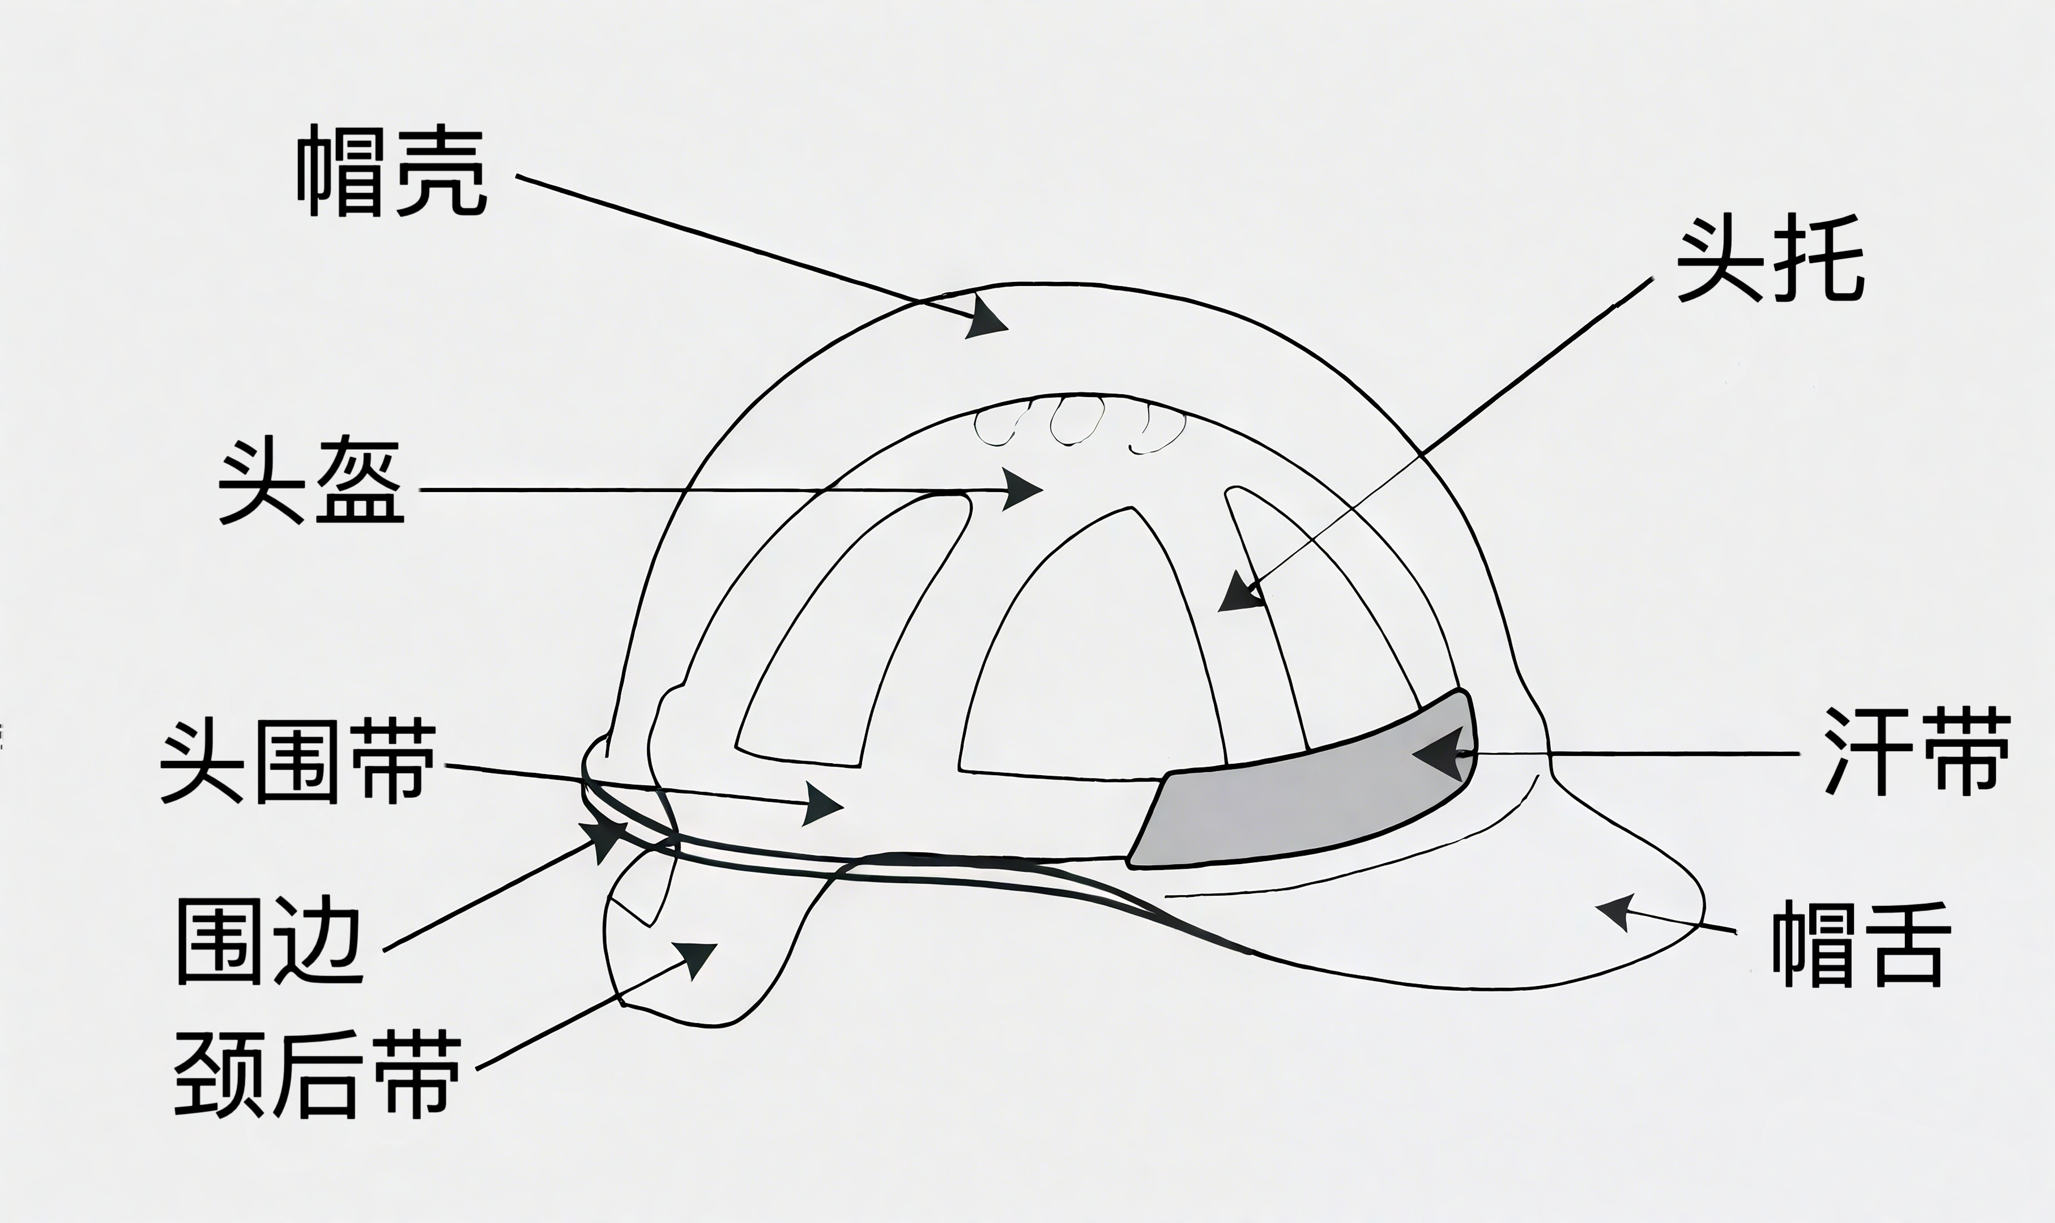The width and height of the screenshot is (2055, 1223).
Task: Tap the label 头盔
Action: tap(312, 484)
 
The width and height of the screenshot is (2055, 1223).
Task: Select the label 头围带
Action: tap(297, 760)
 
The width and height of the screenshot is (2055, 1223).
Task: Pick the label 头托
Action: tap(1770, 259)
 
